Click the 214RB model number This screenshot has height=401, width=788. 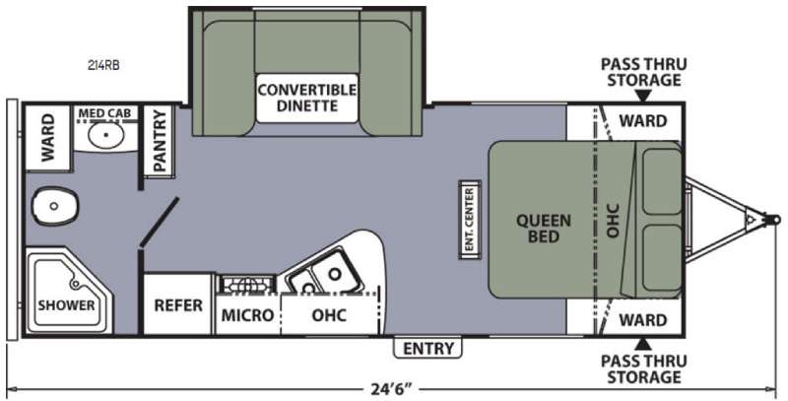pyautogui.click(x=102, y=65)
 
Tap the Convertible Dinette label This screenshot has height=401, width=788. pyautogui.click(x=306, y=98)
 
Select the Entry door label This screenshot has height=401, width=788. pyautogui.click(x=428, y=348)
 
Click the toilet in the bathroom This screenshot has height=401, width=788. pyautogui.click(x=55, y=206)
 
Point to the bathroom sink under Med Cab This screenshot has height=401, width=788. pyautogui.click(x=105, y=135)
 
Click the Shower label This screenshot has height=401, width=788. pyautogui.click(x=66, y=305)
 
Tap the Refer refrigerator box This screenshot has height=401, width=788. pyautogui.click(x=178, y=305)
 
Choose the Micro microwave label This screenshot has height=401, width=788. pyautogui.click(x=248, y=315)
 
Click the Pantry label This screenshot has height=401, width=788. pyautogui.click(x=160, y=141)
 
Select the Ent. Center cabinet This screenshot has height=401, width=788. pyautogui.click(x=470, y=220)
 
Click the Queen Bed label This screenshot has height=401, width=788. pyautogui.click(x=544, y=229)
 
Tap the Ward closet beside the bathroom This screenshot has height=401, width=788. pyautogui.click(x=47, y=137)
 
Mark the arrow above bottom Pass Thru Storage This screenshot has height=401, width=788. pyautogui.click(x=643, y=344)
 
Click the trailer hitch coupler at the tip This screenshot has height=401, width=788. pyautogui.click(x=773, y=220)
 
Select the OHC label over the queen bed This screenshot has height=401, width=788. pyautogui.click(x=613, y=220)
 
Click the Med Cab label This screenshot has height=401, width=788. pyautogui.click(x=104, y=113)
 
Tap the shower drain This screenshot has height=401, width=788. pyautogui.click(x=76, y=285)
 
